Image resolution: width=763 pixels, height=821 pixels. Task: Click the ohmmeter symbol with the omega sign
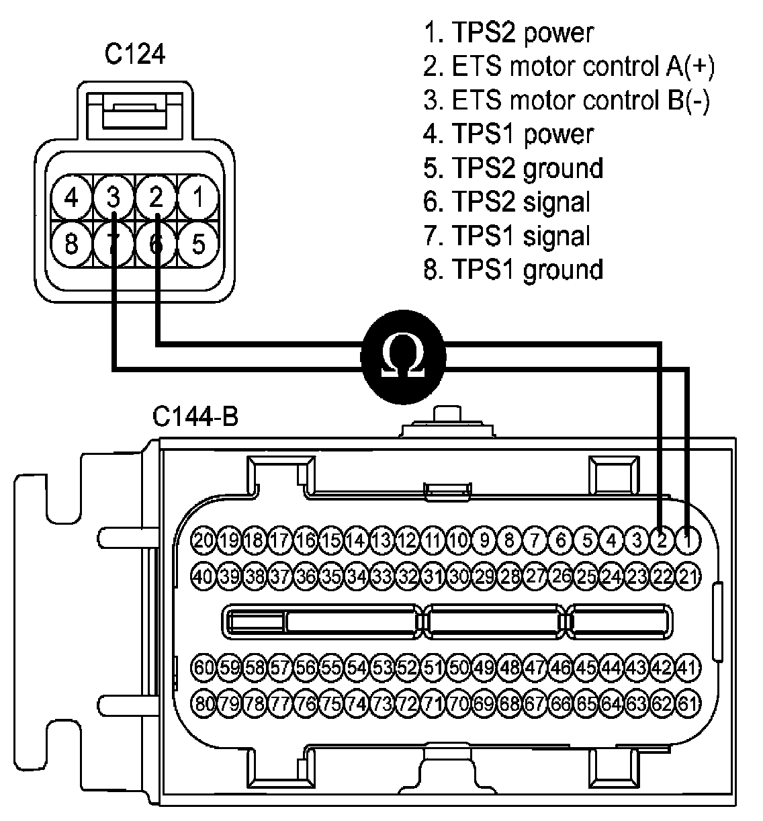[x=403, y=357]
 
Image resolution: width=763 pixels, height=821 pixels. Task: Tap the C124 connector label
[x=135, y=54]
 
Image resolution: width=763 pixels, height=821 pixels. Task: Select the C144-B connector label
[x=195, y=417]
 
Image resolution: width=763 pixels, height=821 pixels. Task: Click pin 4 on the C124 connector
[x=71, y=198]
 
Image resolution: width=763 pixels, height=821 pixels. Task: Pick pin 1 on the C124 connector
[x=198, y=198]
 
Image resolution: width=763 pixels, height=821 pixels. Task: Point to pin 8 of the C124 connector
[x=71, y=244]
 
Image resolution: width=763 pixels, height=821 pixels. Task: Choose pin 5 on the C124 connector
[x=198, y=244]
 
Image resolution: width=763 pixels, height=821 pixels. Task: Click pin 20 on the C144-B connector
[x=203, y=540]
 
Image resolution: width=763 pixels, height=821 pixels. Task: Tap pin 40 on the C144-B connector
[x=203, y=576]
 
